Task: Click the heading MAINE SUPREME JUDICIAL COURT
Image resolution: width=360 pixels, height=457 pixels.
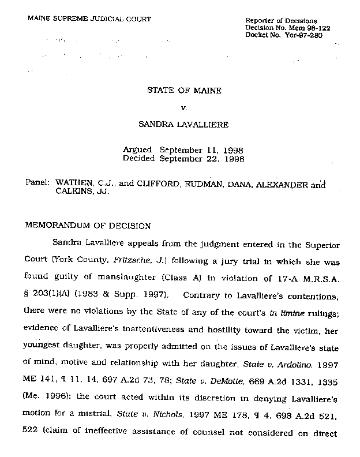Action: click(89, 19)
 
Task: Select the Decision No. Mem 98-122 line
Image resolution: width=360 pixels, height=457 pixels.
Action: click(283, 28)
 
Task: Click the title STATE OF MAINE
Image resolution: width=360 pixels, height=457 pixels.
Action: click(180, 91)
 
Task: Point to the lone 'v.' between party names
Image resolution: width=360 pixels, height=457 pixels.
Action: click(181, 107)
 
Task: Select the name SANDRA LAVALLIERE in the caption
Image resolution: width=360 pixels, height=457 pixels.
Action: click(181, 123)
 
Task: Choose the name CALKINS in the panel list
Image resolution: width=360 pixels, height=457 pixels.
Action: click(73, 193)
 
